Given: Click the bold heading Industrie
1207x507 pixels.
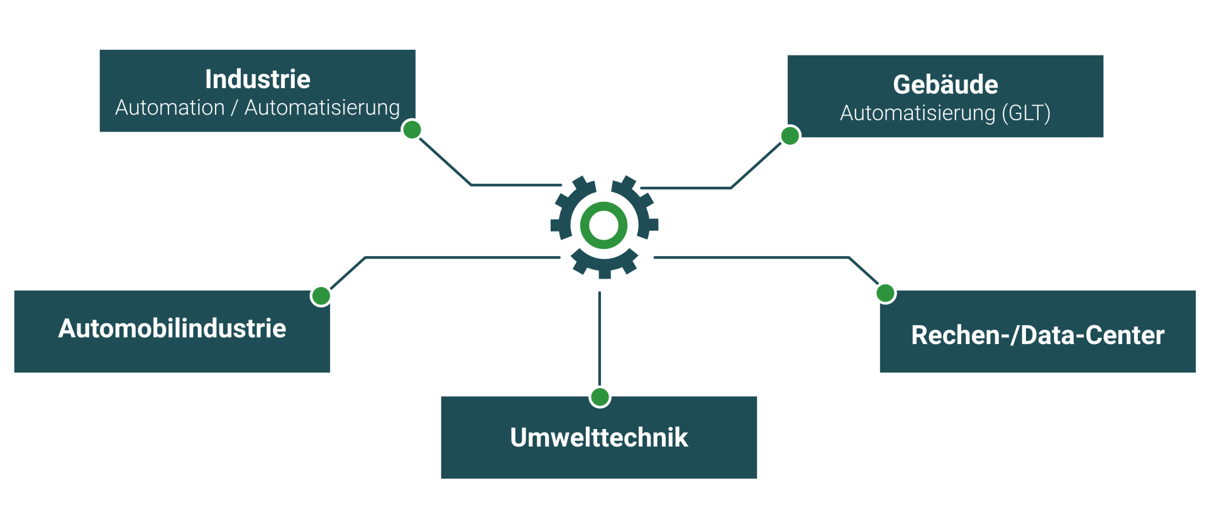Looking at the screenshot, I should click(x=257, y=80).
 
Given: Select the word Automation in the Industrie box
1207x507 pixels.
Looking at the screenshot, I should click(x=170, y=108).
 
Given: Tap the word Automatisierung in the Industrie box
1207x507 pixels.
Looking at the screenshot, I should click(x=322, y=108).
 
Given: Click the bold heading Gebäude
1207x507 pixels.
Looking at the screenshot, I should click(x=945, y=85).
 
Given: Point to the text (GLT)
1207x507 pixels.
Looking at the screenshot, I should click(x=1026, y=113).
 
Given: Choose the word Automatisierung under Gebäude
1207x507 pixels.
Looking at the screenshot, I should click(x=918, y=113).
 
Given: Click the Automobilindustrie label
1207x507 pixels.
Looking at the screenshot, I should click(x=172, y=328).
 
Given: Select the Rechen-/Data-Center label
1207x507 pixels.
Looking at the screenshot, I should click(x=1038, y=335).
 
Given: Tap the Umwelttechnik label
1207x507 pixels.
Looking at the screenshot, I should click(x=599, y=438).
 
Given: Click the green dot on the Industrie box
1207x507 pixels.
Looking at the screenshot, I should click(x=412, y=130).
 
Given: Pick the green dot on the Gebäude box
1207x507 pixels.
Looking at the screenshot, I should click(x=790, y=136).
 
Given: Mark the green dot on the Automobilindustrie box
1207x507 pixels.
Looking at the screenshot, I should click(x=321, y=296).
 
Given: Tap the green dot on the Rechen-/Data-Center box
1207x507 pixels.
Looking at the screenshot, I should click(x=885, y=292).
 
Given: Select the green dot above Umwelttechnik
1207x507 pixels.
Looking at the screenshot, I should click(x=600, y=397).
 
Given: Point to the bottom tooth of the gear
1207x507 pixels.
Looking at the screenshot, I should click(x=604, y=272).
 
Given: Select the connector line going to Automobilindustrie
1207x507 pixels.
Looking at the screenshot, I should click(x=462, y=257).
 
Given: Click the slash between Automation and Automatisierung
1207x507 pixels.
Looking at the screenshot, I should click(x=234, y=108).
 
